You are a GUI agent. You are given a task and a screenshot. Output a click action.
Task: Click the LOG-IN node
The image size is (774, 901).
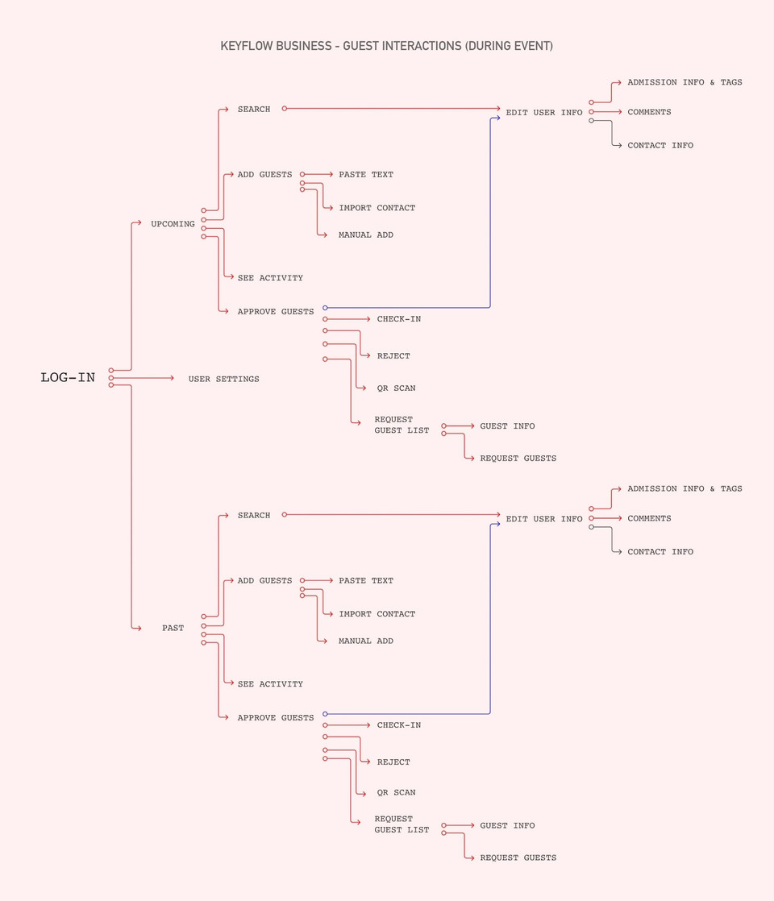coord(68,378)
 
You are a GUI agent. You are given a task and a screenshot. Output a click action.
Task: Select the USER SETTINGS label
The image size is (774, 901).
coord(223,379)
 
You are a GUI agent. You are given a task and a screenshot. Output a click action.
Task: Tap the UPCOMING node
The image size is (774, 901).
coord(173,224)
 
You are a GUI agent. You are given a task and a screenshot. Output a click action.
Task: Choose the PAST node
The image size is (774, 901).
coord(173,628)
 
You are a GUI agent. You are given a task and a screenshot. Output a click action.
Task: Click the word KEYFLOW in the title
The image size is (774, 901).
coord(247,46)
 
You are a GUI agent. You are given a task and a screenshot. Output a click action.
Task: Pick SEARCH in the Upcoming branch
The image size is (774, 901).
coord(254,109)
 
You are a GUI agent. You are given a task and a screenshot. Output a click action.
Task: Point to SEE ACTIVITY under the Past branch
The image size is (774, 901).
coord(270,684)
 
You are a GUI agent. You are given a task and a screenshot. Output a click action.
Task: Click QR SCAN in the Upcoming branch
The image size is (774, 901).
coord(396,388)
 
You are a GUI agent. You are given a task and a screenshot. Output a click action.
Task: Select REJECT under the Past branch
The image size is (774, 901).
coord(393,762)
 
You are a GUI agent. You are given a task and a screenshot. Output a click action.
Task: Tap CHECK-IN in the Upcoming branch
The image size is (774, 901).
coord(398,319)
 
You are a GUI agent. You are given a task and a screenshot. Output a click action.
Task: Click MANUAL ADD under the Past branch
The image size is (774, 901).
coord(366,641)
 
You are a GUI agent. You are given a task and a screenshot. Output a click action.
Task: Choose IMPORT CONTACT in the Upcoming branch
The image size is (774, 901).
coord(377,208)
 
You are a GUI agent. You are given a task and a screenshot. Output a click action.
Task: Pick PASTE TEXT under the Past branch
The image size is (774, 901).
coord(366,580)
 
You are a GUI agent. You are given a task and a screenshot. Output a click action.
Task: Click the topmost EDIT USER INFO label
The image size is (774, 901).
coord(543,113)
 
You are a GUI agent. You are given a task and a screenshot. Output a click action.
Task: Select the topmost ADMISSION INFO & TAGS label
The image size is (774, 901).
coord(685,82)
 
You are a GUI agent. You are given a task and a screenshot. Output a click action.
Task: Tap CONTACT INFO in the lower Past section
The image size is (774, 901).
coord(660,552)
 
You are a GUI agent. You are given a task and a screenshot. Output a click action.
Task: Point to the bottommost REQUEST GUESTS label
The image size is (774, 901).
coord(518,857)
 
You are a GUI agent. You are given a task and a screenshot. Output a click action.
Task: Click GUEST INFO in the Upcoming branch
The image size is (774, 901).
coord(507,426)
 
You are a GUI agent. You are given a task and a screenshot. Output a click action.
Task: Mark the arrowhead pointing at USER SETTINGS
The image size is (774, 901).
coord(172,378)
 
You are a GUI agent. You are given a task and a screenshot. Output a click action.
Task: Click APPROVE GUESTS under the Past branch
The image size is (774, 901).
coord(275,718)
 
